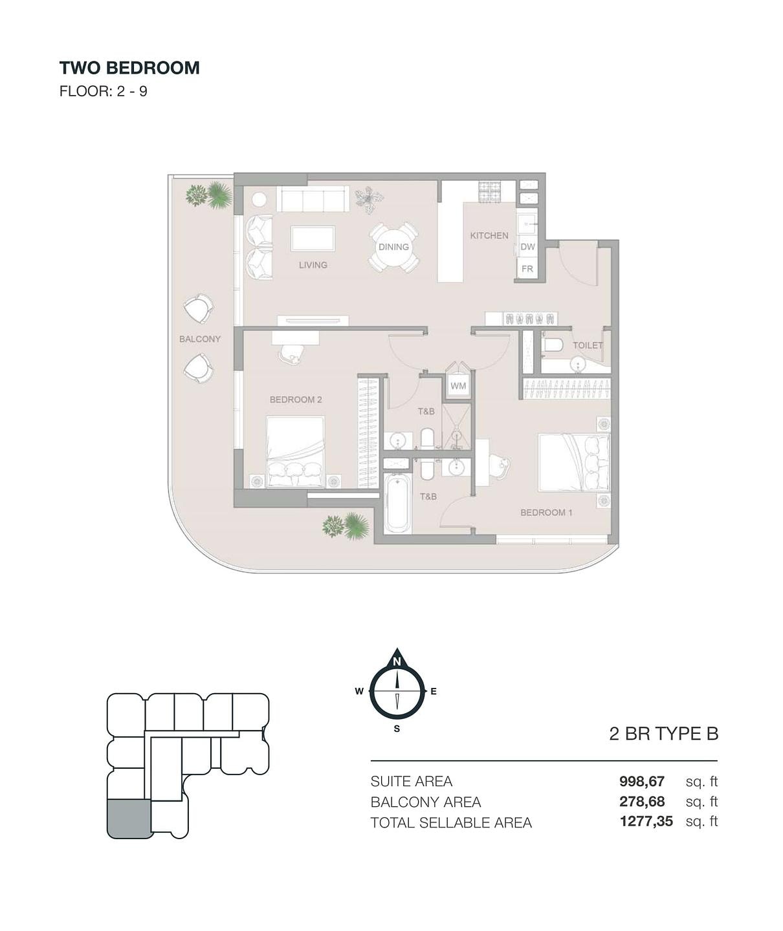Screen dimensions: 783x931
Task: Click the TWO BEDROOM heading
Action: point(129,68)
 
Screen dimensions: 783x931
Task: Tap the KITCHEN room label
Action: point(489,235)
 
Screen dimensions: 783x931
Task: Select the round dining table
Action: point(393,246)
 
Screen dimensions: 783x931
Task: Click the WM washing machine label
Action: point(458,386)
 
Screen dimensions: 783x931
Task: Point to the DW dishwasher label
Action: point(527,246)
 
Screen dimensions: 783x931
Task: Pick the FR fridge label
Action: point(527,269)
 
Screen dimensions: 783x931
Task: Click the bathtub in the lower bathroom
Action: point(398,503)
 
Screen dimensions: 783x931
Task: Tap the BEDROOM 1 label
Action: point(546,513)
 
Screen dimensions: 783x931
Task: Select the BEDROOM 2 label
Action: point(296,400)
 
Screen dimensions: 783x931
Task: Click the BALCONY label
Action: point(200,339)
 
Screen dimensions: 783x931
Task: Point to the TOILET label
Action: point(588,345)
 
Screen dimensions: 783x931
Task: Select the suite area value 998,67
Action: point(642,781)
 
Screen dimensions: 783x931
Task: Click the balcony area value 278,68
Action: point(642,802)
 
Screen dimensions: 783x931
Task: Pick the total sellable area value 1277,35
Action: point(646,821)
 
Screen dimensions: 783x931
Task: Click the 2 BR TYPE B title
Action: point(664,734)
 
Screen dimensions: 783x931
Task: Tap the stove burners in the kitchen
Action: point(490,192)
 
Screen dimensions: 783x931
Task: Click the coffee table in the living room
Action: point(313,239)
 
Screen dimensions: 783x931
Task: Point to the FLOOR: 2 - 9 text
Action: point(103,91)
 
